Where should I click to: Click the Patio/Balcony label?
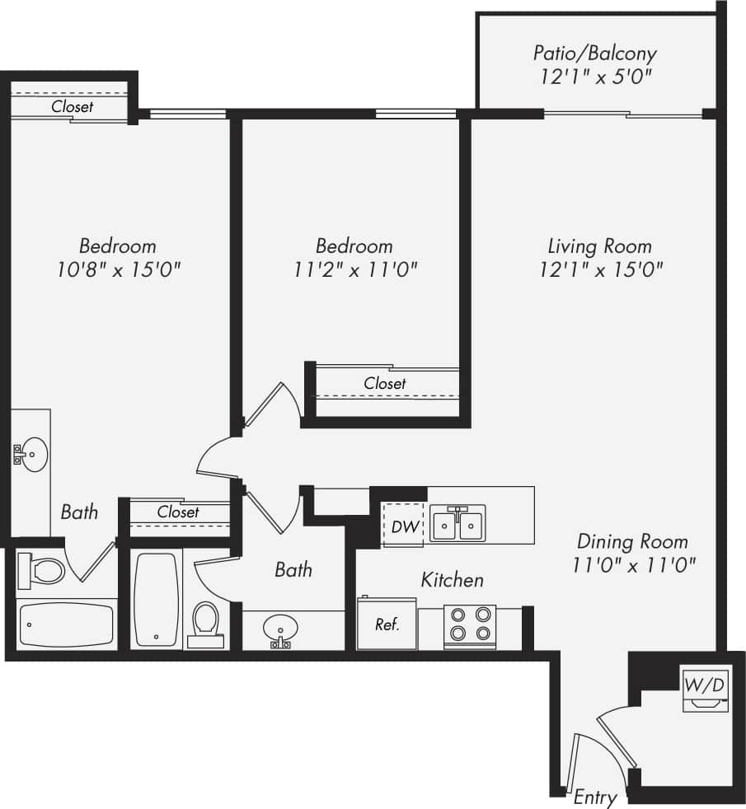coord(594,54)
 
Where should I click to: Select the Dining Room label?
coord(632,541)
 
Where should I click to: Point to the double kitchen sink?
coord(457,523)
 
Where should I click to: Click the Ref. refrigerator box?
coord(387,624)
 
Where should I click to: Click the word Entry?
coord(594,797)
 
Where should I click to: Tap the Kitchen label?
coord(452,580)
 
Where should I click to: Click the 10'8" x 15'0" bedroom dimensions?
coord(118,269)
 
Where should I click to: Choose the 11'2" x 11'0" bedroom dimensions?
coord(354,269)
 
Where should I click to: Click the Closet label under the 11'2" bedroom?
coord(385,383)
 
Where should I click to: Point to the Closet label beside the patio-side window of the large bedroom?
coord(73,106)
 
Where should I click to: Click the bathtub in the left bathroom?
coord(65,624)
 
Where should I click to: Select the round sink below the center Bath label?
coord(281,630)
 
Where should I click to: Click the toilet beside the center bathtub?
coord(205,619)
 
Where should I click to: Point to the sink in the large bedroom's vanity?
coord(32,452)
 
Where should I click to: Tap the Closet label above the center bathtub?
coord(178,512)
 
